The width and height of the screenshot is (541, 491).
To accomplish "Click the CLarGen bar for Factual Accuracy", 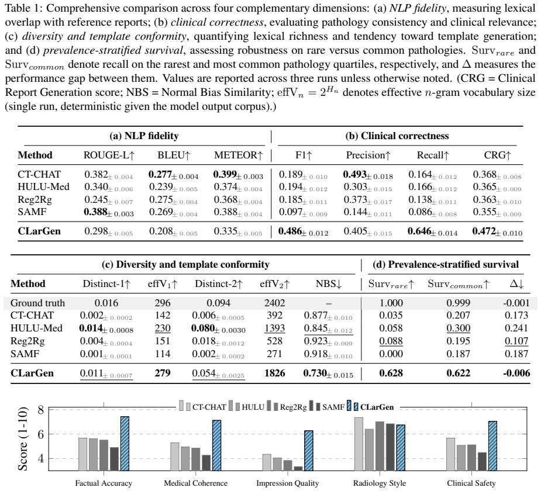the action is point(125,444).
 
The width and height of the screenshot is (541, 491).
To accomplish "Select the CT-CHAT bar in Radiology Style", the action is point(359,444).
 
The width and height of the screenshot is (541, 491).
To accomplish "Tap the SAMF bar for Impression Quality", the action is point(298,469).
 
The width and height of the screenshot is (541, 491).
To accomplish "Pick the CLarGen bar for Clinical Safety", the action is point(492,446).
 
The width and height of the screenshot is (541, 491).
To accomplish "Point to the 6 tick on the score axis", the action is point(41,434).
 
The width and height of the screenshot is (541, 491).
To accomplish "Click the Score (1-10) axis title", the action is point(23,439).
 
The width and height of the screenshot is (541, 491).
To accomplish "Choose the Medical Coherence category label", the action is point(195,483).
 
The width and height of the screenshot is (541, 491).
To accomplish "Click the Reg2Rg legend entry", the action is point(287,407).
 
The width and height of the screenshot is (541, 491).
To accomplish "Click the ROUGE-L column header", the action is point(109,155).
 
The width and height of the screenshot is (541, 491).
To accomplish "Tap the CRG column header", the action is point(497,155).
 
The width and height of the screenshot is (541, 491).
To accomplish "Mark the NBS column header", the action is point(329,283).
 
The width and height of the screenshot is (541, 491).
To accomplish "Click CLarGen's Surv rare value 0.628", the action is point(391,373).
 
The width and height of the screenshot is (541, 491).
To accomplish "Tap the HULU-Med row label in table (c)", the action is point(37,328).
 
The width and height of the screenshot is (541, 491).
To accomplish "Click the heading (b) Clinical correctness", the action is point(397,136).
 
